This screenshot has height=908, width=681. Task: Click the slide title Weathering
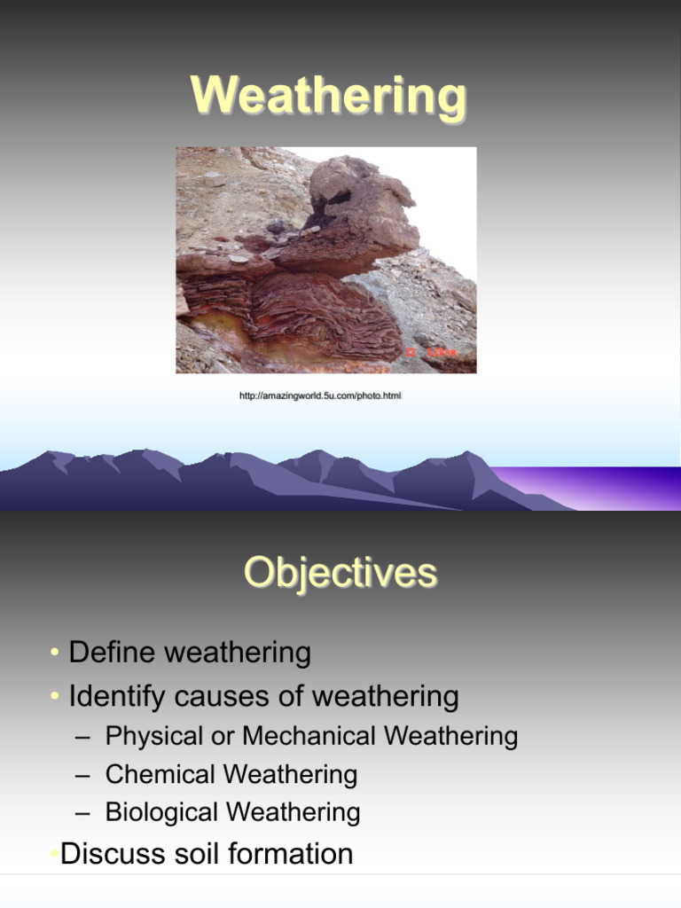[x=328, y=96]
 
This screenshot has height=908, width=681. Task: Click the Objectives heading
[x=340, y=573]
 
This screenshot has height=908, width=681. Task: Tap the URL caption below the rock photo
[x=321, y=395]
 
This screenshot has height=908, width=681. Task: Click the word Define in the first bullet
[x=112, y=654]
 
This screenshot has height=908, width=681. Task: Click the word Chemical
[x=160, y=774]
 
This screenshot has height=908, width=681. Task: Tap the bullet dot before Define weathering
[x=55, y=654]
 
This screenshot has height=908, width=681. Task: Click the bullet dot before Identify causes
[x=55, y=698]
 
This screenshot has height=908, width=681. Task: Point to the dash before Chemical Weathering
[x=82, y=775]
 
